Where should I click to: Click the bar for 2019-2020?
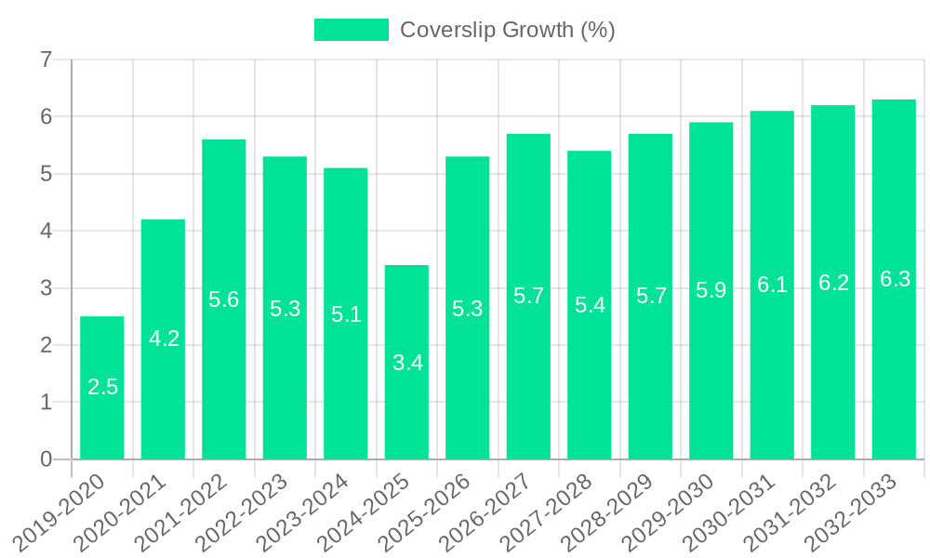tap(102, 388)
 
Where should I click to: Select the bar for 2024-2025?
tap(406, 362)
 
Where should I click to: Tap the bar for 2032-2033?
tap(894, 279)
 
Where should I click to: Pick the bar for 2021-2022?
tap(224, 299)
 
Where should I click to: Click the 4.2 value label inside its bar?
tap(164, 339)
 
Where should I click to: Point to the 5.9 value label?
tap(711, 290)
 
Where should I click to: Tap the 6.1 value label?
tap(772, 285)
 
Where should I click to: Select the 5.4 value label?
tap(590, 304)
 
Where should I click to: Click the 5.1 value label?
tap(346, 313)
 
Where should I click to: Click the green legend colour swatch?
tap(351, 30)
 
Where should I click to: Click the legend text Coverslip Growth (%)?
tap(507, 30)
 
